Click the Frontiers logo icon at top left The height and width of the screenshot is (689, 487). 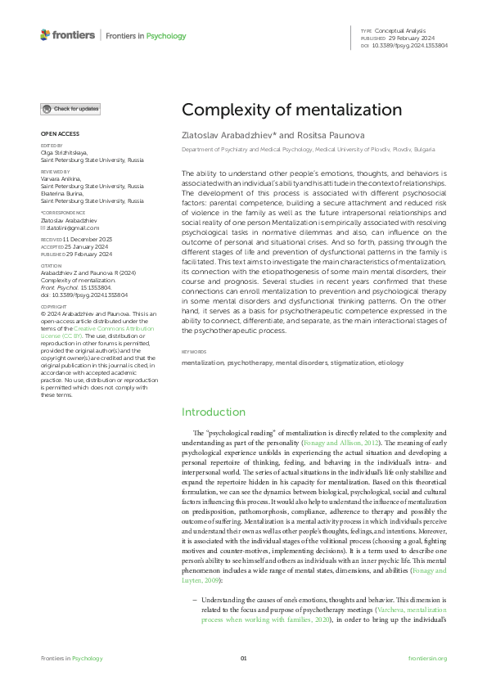point(45,35)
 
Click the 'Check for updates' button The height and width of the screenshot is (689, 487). point(71,109)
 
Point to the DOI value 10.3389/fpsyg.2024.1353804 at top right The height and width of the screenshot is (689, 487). point(410,45)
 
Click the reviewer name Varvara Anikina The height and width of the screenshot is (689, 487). point(61,180)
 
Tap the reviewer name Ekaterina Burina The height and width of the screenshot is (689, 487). point(62,194)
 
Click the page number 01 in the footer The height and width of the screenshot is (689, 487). point(243,658)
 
